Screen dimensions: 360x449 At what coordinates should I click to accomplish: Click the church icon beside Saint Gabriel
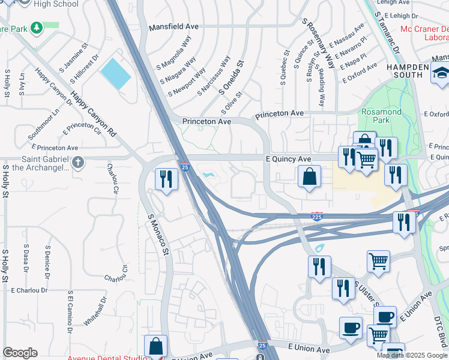click(x=78, y=162)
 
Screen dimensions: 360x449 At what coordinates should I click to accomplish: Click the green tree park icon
click(x=37, y=28)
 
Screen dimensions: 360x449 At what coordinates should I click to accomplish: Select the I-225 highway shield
click(x=317, y=216)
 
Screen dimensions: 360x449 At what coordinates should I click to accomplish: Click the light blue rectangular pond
click(x=115, y=74)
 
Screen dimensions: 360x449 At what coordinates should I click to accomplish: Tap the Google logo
click(x=20, y=353)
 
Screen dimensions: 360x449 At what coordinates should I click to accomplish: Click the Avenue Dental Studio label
click(x=106, y=358)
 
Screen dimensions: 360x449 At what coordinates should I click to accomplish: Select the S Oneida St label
click(x=232, y=78)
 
